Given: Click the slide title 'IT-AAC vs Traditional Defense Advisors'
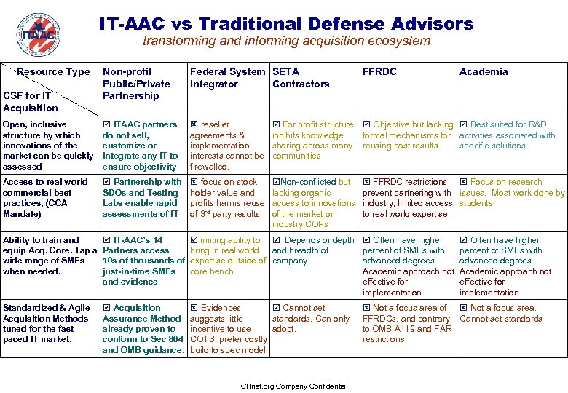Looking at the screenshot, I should (x=286, y=24).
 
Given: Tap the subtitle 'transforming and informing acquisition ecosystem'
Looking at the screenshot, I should (x=286, y=41).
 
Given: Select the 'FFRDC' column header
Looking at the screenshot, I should (x=379, y=72).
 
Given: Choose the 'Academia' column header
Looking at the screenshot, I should (x=484, y=72).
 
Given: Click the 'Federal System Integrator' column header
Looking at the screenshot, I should (x=226, y=78).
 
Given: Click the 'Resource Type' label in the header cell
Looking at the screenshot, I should (x=53, y=72).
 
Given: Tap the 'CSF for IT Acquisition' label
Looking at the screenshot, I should (x=30, y=102).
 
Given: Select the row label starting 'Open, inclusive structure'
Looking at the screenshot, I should (x=48, y=146).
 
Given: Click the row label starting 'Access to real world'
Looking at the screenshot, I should (x=45, y=198).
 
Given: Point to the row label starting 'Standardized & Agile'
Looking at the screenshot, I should (x=45, y=323).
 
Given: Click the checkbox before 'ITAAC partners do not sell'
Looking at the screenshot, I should (x=106, y=125).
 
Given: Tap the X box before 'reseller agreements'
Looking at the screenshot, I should (x=193, y=125).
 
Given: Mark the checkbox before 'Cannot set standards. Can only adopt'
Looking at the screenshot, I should (x=275, y=309).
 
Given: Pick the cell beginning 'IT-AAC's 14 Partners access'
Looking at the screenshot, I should (x=143, y=261).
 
